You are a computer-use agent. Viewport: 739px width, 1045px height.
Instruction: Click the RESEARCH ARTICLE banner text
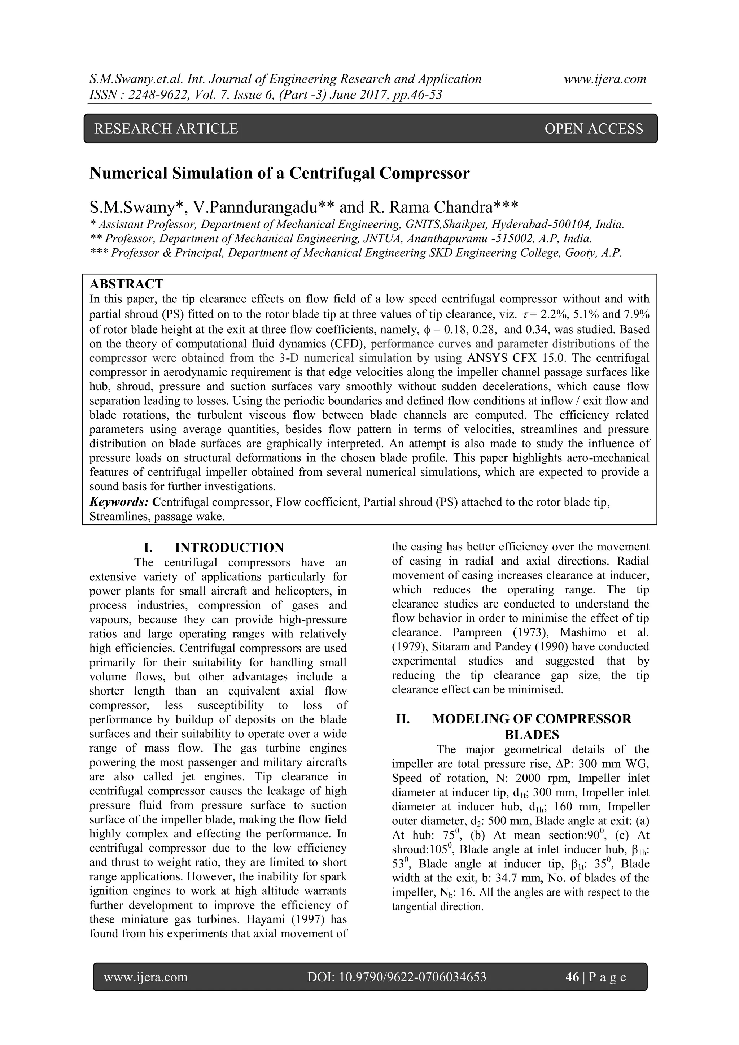[166, 129]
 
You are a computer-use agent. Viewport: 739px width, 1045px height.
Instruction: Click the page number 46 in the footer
[572, 977]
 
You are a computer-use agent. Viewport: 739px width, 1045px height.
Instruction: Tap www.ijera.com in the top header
[605, 79]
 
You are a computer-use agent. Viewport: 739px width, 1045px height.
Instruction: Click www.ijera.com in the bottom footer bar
[146, 977]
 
